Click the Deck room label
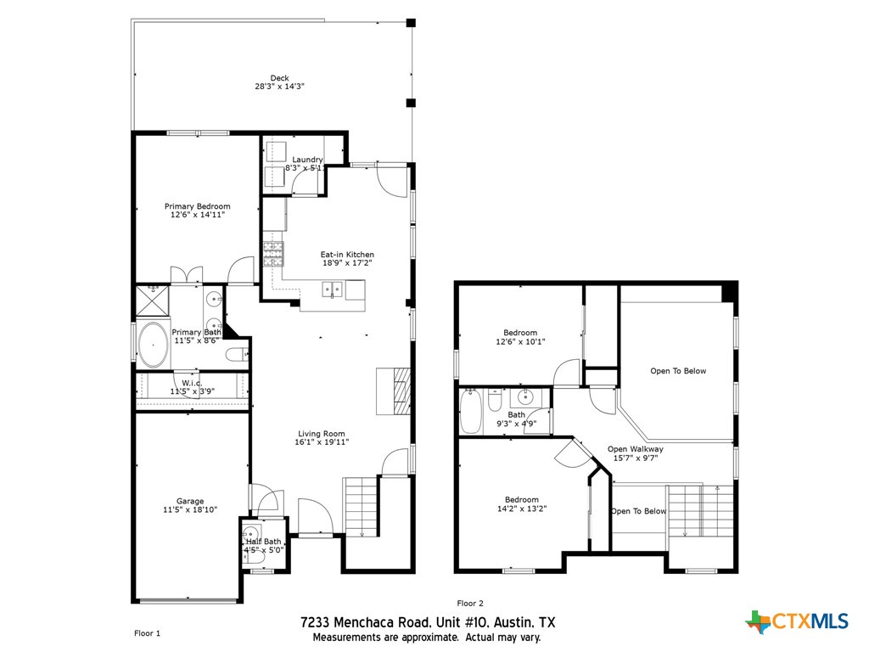click(279, 78)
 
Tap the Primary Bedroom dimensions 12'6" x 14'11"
click(197, 216)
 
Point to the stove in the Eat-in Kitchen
click(273, 250)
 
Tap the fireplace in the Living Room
click(395, 391)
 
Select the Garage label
click(190, 501)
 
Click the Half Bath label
click(264, 542)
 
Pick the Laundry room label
click(307, 160)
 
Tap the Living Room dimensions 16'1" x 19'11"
click(322, 442)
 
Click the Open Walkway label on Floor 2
click(636, 449)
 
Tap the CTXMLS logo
click(797, 621)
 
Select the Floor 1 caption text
click(147, 632)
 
